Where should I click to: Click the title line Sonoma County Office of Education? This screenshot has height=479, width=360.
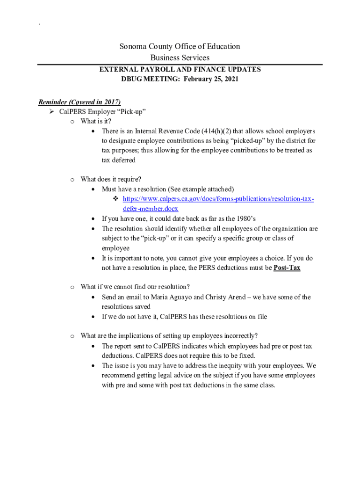pos(180,46)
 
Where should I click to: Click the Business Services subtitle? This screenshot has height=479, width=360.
pos(180,58)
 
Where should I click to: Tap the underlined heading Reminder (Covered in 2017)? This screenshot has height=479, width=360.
pos(79,102)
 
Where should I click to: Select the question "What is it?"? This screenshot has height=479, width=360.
pos(96,121)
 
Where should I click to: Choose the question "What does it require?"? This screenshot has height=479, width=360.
pos(111,179)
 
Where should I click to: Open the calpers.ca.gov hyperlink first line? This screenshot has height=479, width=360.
pos(218,199)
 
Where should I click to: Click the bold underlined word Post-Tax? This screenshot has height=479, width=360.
pos(287,268)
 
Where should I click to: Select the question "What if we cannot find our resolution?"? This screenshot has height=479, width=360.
pos(135,287)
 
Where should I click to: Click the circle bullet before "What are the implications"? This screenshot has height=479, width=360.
pos(72,336)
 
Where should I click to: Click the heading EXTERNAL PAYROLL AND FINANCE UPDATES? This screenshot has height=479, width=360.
pos(180,69)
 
